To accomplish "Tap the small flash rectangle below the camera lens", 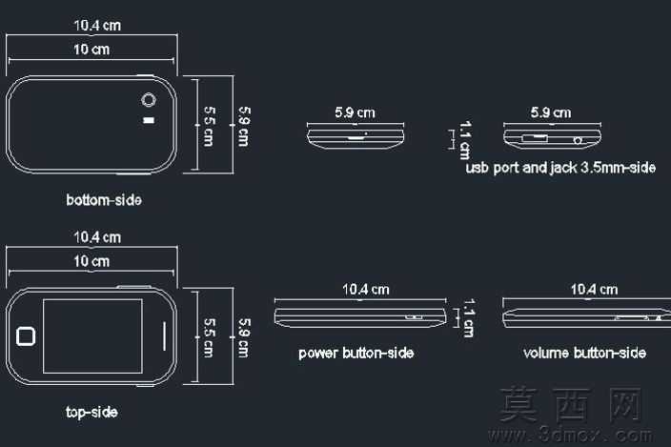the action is click(x=149, y=120).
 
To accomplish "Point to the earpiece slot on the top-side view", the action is click(x=164, y=336).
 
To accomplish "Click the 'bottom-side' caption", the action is click(x=104, y=200).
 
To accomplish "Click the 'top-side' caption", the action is click(x=91, y=412).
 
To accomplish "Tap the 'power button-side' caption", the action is click(x=356, y=353).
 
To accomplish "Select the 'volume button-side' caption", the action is click(x=584, y=353).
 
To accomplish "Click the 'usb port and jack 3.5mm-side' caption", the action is click(x=560, y=167).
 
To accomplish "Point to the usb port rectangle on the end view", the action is click(x=534, y=138).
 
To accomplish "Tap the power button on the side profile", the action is click(x=415, y=317).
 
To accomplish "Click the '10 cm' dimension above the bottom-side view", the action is click(x=91, y=50).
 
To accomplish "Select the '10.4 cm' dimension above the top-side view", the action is click(x=97, y=237).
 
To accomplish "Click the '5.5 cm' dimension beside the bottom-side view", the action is click(x=209, y=126).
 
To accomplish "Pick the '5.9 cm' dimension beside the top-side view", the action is click(x=243, y=338).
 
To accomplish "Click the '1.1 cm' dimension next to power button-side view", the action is click(x=469, y=317).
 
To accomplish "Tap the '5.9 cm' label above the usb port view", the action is click(x=551, y=112).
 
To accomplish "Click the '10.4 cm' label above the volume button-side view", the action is click(x=594, y=290).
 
